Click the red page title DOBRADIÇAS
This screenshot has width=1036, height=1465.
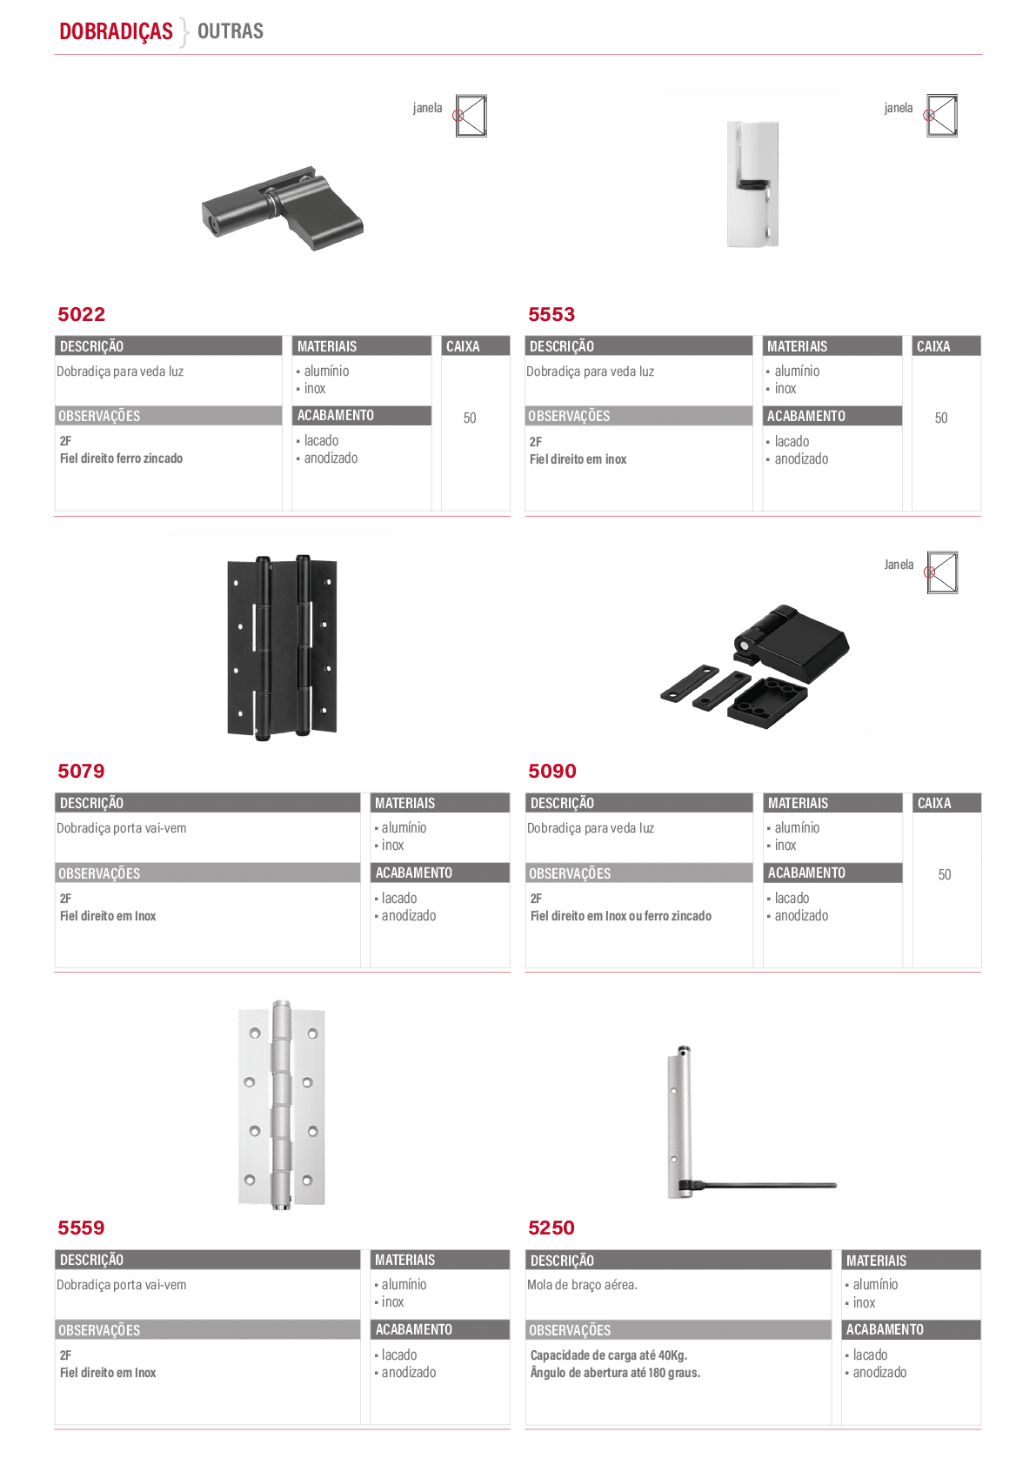tap(116, 30)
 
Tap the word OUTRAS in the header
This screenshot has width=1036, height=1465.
tap(231, 30)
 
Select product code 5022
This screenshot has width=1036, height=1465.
tap(81, 314)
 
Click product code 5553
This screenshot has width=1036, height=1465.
tap(551, 314)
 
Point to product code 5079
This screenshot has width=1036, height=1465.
tap(81, 771)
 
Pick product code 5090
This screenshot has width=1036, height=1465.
tap(552, 771)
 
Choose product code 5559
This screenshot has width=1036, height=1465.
tap(81, 1228)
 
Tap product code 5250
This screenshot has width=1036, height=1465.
tap(551, 1228)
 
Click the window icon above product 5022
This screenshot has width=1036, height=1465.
tap(471, 116)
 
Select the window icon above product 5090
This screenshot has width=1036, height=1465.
tap(942, 572)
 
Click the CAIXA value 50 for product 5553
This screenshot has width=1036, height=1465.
tap(940, 418)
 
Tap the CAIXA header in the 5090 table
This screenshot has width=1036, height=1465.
tap(934, 802)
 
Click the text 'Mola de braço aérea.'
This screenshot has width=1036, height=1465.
tap(582, 1285)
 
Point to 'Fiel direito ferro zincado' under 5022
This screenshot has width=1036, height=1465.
tap(121, 458)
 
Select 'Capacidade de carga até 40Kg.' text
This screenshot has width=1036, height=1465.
tap(609, 1355)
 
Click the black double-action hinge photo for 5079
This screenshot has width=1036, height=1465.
tap(282, 647)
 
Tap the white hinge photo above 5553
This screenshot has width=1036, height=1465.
tap(752, 184)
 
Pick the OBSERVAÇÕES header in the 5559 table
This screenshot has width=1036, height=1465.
tap(99, 1329)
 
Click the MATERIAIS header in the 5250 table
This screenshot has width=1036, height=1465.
tap(876, 1261)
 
